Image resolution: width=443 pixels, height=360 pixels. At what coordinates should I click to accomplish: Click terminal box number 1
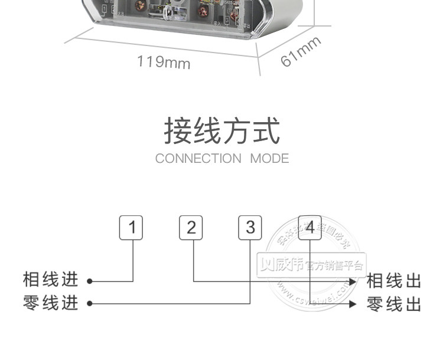(x=132, y=228)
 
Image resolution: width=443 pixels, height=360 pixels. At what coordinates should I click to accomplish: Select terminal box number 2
(x=191, y=228)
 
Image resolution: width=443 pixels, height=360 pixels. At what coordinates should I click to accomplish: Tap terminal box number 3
(x=250, y=228)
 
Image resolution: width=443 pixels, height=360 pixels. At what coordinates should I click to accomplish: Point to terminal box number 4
(x=310, y=228)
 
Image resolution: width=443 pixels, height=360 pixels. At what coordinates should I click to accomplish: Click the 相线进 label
(x=50, y=279)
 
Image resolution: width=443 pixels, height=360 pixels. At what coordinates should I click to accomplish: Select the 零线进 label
(x=50, y=304)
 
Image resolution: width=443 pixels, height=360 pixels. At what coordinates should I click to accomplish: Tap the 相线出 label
(x=394, y=279)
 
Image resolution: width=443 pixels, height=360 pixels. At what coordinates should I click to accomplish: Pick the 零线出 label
(x=394, y=304)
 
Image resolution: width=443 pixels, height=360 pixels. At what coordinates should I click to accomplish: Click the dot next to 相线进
(x=90, y=281)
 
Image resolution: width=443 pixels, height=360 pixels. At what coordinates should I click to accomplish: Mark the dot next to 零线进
(x=90, y=304)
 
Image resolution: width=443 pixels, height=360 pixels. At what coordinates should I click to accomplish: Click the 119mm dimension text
(x=164, y=61)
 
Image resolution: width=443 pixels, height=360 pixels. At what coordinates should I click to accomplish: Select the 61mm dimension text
(x=301, y=51)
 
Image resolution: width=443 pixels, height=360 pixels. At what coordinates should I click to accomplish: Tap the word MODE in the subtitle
(x=269, y=158)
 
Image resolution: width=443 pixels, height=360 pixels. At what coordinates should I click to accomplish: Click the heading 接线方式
(x=221, y=131)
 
